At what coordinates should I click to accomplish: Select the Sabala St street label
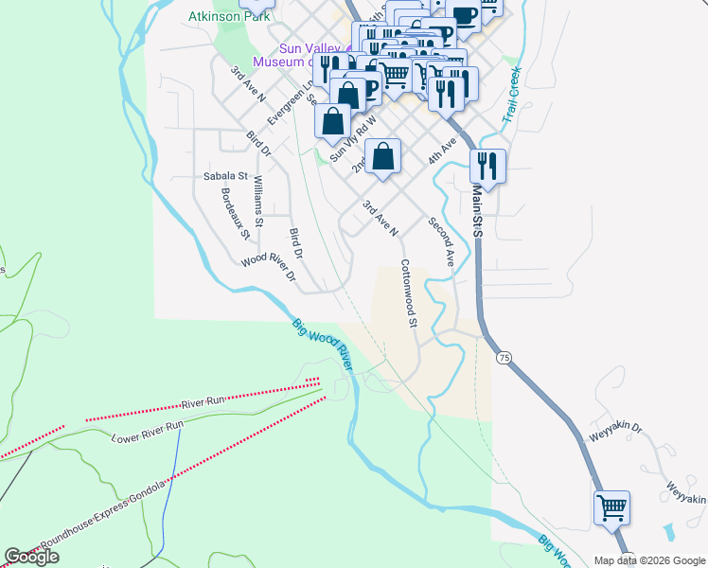225,176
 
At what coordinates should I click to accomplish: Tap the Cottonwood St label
409,293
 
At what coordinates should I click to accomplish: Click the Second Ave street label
442,241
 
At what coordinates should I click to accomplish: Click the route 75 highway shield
504,358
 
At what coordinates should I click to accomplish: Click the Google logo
32,557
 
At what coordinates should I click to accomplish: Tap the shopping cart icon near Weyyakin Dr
611,508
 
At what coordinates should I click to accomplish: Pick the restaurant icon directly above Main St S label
487,167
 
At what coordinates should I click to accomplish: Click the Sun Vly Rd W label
353,139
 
